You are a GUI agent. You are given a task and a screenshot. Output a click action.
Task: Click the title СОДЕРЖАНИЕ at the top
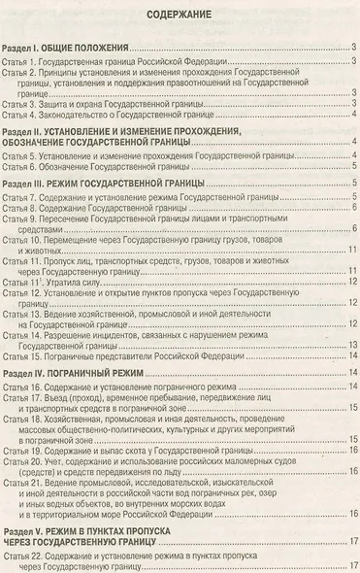pos(180,15)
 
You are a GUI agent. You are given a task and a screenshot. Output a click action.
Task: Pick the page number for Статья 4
pos(354,116)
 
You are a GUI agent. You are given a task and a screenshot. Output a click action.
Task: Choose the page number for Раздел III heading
pos(354,181)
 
